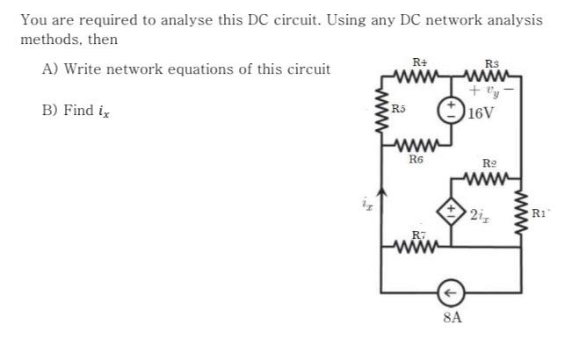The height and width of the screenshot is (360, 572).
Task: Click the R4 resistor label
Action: pyautogui.click(x=419, y=61)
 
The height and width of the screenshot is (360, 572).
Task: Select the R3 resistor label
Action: pyautogui.click(x=491, y=62)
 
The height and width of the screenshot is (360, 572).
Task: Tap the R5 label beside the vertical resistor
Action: pyautogui.click(x=398, y=109)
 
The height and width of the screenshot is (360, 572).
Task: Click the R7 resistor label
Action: pyautogui.click(x=419, y=234)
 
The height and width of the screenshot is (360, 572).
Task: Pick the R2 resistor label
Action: pyautogui.click(x=490, y=163)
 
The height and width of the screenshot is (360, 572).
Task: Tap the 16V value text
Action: pyautogui.click(x=481, y=113)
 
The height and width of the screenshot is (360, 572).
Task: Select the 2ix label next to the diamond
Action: pyautogui.click(x=480, y=214)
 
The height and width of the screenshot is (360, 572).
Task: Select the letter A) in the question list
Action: pyautogui.click(x=50, y=68)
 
